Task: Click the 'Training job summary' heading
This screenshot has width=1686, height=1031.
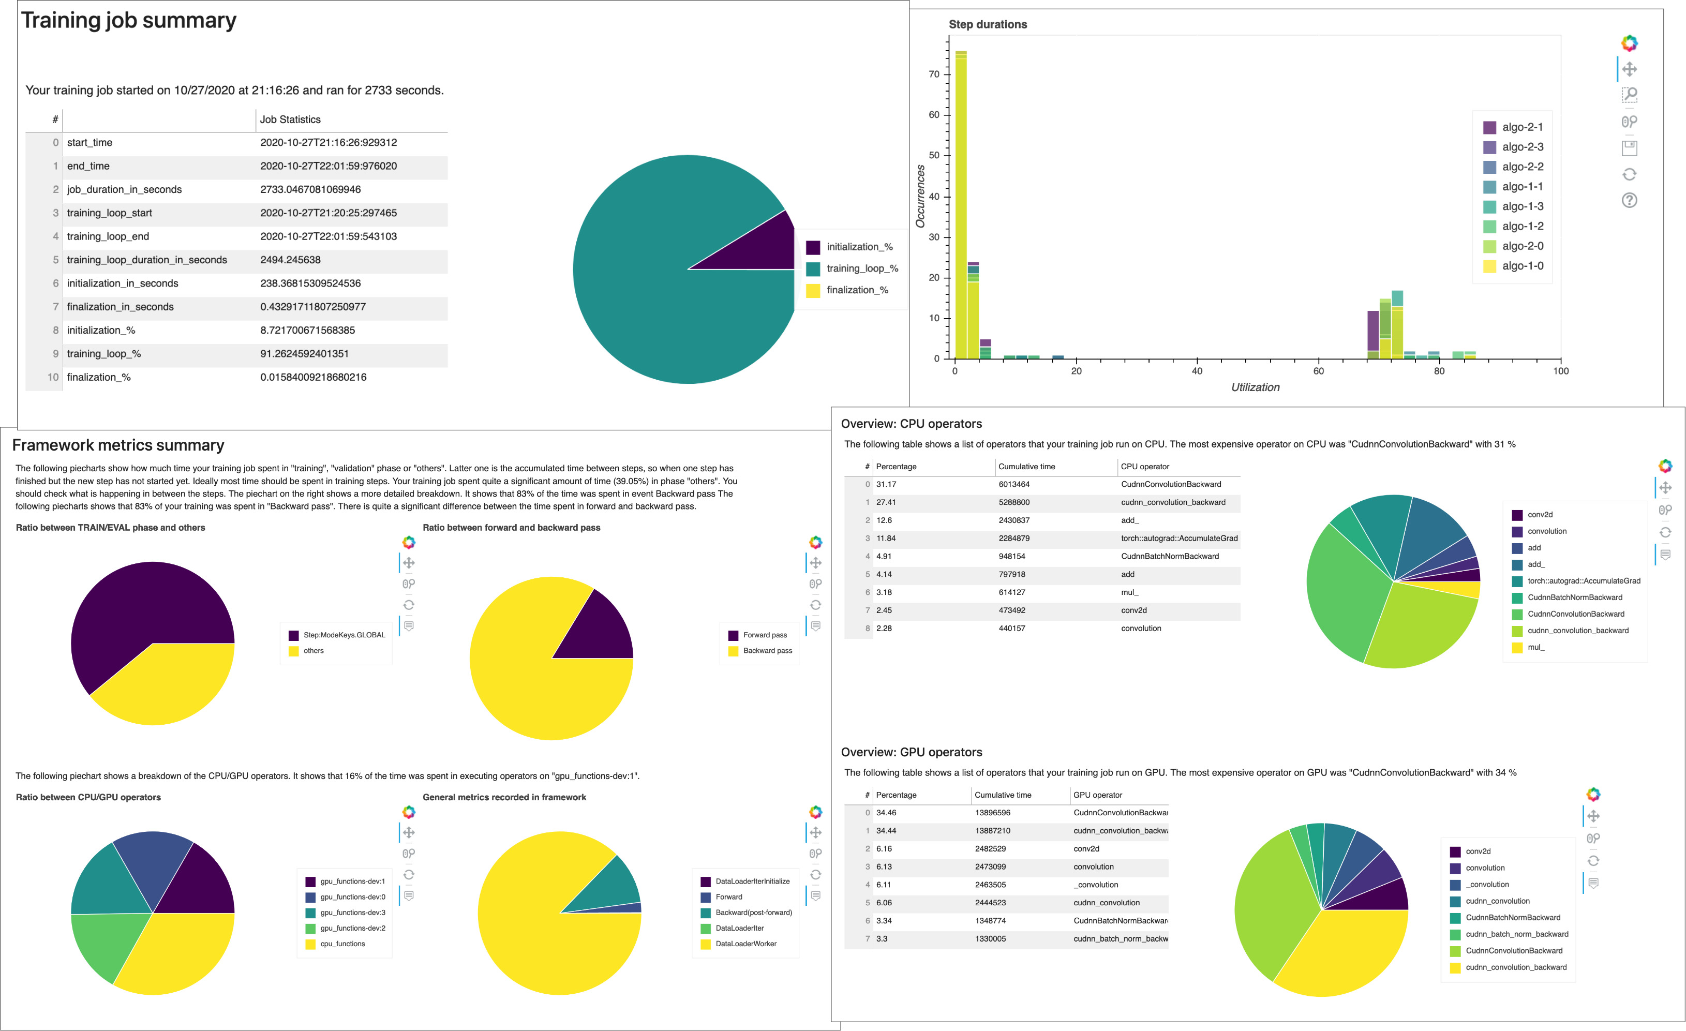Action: pos(129,21)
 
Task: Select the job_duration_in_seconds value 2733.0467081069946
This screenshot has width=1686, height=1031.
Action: pos(310,189)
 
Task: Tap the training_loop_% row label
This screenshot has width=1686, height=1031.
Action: pos(104,354)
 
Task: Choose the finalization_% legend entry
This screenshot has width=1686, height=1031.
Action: pos(857,290)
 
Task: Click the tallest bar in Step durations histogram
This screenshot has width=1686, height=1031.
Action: pos(961,205)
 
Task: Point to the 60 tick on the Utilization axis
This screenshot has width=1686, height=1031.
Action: pos(1318,371)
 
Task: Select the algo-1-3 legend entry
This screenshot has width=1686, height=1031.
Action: pos(1522,206)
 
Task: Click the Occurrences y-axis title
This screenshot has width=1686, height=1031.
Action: pos(920,197)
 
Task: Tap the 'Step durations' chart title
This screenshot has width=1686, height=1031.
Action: pos(988,25)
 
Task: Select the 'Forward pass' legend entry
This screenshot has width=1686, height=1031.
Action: pos(764,635)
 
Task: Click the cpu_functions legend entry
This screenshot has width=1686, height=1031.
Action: pos(342,944)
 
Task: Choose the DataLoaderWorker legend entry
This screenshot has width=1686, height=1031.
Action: pos(746,944)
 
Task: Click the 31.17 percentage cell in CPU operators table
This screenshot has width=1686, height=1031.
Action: pos(886,484)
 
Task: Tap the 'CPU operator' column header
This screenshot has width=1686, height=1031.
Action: pos(1145,467)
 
